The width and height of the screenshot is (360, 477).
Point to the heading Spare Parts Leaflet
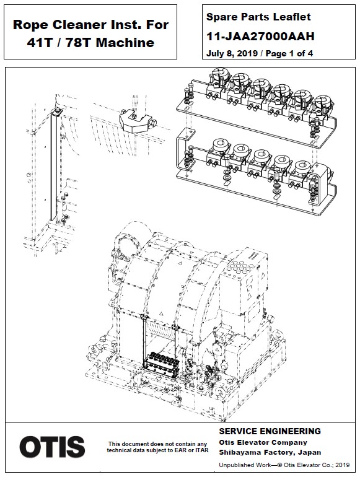click(x=258, y=17)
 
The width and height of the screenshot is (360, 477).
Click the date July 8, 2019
click(x=231, y=53)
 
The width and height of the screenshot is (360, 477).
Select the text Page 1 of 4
click(x=290, y=53)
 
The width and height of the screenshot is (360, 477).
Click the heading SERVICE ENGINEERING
click(x=270, y=431)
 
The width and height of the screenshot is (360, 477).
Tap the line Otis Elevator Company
click(x=263, y=442)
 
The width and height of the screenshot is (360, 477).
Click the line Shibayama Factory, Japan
click(x=270, y=452)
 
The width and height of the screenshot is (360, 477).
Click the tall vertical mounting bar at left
click(x=59, y=167)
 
